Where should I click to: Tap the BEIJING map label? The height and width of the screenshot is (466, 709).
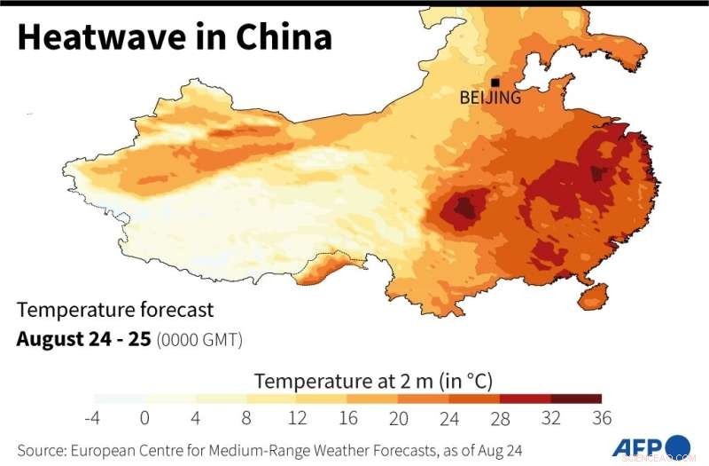(490, 98)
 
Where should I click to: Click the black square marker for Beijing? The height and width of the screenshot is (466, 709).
(495, 83)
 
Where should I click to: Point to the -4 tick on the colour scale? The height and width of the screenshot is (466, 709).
(92, 418)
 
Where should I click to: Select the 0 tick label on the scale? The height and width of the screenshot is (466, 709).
(144, 418)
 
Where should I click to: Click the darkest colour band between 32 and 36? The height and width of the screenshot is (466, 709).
(576, 399)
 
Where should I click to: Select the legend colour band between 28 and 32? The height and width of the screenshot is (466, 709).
(526, 399)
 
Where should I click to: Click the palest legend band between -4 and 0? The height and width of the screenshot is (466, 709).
(119, 399)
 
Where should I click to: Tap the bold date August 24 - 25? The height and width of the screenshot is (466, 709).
(83, 339)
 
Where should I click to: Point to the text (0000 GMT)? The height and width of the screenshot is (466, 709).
(199, 340)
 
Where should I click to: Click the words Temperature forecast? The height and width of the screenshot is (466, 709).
(115, 310)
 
